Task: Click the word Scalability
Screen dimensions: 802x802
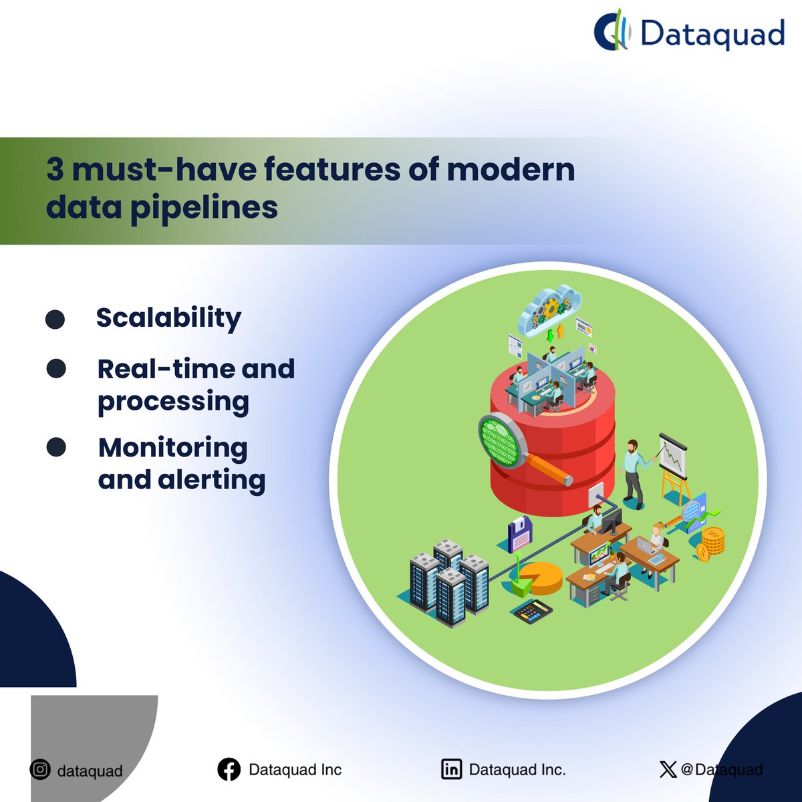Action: point(168,318)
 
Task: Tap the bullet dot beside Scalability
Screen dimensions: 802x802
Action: point(55,319)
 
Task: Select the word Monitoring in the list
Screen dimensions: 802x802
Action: point(172,448)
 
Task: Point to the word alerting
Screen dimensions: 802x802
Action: point(211,480)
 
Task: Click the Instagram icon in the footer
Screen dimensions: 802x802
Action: point(41,770)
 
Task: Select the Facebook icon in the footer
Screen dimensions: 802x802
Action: point(229,770)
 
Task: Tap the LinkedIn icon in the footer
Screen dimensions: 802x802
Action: point(452,770)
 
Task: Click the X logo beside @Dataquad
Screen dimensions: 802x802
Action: point(667,770)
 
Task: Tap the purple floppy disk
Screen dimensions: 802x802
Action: point(519,533)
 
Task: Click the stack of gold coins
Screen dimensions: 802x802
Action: point(711,542)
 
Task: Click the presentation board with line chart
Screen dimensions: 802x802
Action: point(672,457)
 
